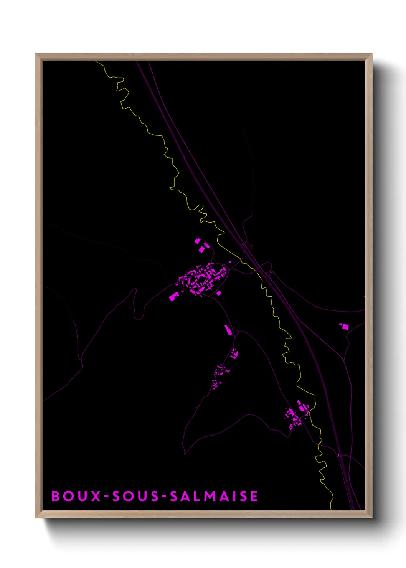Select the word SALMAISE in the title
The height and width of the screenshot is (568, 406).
point(214,496)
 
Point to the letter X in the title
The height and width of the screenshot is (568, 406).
point(96,496)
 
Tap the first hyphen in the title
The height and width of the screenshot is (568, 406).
point(107,497)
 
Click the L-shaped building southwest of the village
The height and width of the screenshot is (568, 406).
point(173,296)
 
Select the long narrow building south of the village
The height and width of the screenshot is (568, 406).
point(228,330)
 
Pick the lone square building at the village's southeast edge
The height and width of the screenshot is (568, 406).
point(219,293)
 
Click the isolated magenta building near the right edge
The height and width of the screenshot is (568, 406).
point(345,327)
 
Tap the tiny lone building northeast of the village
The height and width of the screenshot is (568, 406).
point(230,262)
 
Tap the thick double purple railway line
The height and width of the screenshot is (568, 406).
point(200,180)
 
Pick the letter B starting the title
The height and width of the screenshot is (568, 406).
point(56,496)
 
